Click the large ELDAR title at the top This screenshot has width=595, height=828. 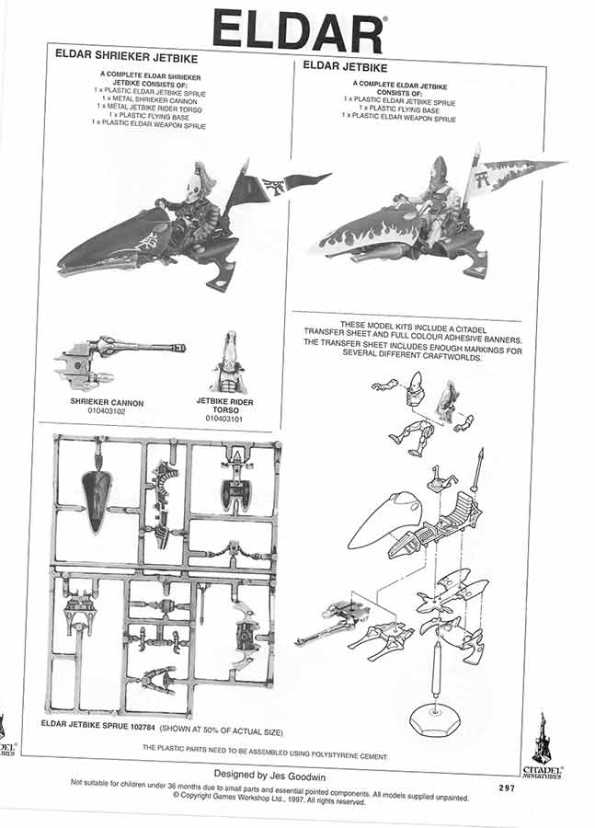[x=298, y=30]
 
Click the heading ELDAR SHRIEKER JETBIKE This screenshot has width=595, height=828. [x=126, y=56]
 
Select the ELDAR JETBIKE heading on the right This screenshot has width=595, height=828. [x=345, y=66]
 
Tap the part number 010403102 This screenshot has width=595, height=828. [x=107, y=411]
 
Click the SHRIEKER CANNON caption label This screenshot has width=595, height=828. [x=107, y=402]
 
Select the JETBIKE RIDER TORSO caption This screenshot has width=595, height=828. [x=225, y=405]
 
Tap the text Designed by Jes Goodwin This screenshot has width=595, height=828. [x=269, y=776]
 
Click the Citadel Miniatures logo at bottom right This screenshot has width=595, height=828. [x=543, y=745]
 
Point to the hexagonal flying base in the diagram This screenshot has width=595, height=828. [x=434, y=719]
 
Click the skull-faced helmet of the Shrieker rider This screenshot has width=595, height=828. [x=193, y=188]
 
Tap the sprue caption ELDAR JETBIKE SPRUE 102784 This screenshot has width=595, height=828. [x=97, y=725]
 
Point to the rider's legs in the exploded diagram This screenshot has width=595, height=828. [x=412, y=436]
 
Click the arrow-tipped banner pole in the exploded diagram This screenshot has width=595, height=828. [x=477, y=470]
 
